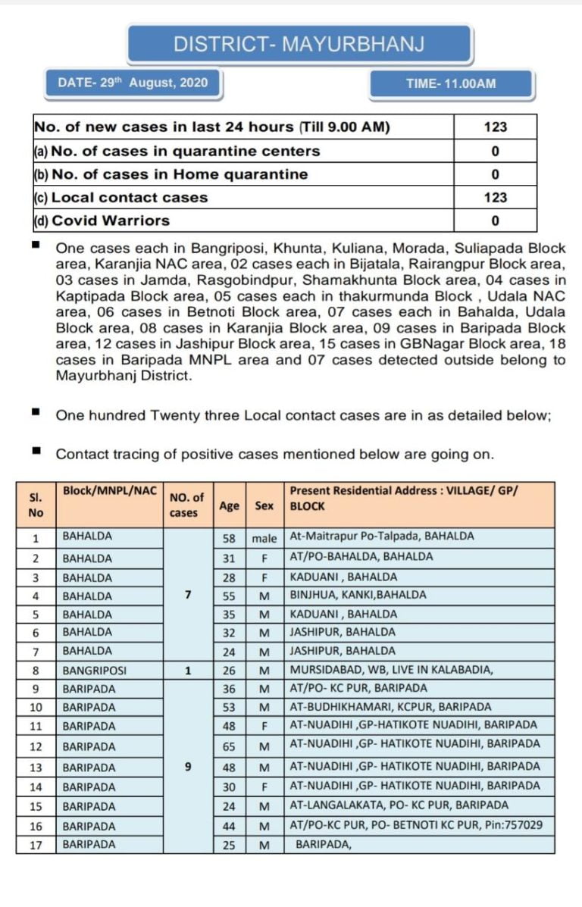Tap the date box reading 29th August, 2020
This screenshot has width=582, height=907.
click(133, 83)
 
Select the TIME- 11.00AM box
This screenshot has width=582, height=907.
click(451, 83)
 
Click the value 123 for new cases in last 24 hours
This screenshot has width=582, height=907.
click(495, 127)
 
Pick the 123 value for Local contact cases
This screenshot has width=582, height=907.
click(495, 197)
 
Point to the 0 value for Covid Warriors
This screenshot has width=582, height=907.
click(495, 220)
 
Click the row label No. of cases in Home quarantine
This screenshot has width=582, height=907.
click(171, 174)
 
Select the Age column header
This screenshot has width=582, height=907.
click(229, 505)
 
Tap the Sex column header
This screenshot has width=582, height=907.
click(264, 505)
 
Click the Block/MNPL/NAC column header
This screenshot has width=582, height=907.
click(109, 491)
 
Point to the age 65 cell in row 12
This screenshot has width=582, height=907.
click(229, 747)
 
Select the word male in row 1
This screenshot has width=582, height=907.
click(264, 536)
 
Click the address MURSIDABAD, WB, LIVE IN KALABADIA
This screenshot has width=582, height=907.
click(391, 670)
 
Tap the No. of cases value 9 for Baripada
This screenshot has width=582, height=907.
click(187, 766)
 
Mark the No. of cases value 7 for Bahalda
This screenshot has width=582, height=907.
click(187, 595)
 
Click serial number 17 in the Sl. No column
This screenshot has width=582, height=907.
click(36, 844)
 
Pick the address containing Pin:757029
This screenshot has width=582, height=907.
click(416, 825)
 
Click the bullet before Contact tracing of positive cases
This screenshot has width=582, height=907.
click(36, 452)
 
